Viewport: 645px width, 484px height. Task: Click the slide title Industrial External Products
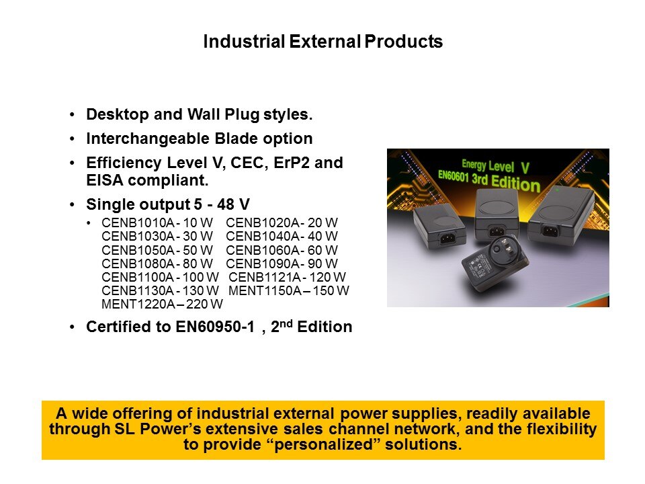click(x=323, y=41)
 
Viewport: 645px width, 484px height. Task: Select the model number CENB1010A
click(x=138, y=223)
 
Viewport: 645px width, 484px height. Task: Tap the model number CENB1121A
click(x=265, y=277)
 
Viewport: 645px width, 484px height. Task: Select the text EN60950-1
click(x=215, y=327)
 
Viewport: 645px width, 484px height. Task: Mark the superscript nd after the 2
click(x=286, y=323)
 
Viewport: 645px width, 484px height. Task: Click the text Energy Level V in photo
click(x=495, y=166)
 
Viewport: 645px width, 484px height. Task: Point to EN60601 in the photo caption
click(x=454, y=175)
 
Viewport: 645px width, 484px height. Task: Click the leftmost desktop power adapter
click(x=439, y=227)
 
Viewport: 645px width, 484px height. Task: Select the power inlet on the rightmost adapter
click(x=550, y=230)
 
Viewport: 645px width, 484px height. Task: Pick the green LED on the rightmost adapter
click(x=558, y=190)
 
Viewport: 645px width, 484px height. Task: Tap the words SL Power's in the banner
click(x=157, y=429)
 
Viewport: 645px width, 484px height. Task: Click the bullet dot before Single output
click(x=73, y=204)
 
